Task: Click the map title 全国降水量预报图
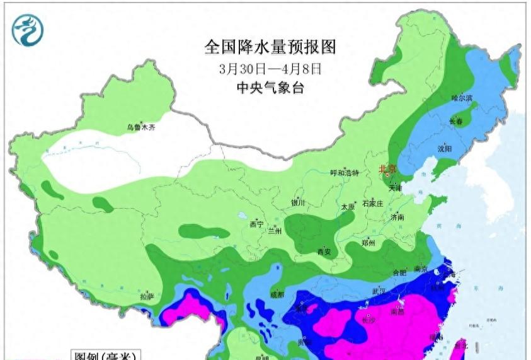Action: pos(270,47)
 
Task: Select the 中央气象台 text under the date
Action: pos(270,88)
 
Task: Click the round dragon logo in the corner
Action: pos(28,30)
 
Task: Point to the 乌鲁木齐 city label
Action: pos(140,127)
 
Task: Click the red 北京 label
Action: pos(387,169)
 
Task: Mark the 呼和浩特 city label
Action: pos(345,173)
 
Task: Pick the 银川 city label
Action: pos(298,203)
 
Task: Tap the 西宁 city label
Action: pos(256,224)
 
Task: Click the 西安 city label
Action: pos(324,252)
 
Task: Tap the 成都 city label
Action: pos(277,294)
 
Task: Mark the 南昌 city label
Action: pos(397,311)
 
